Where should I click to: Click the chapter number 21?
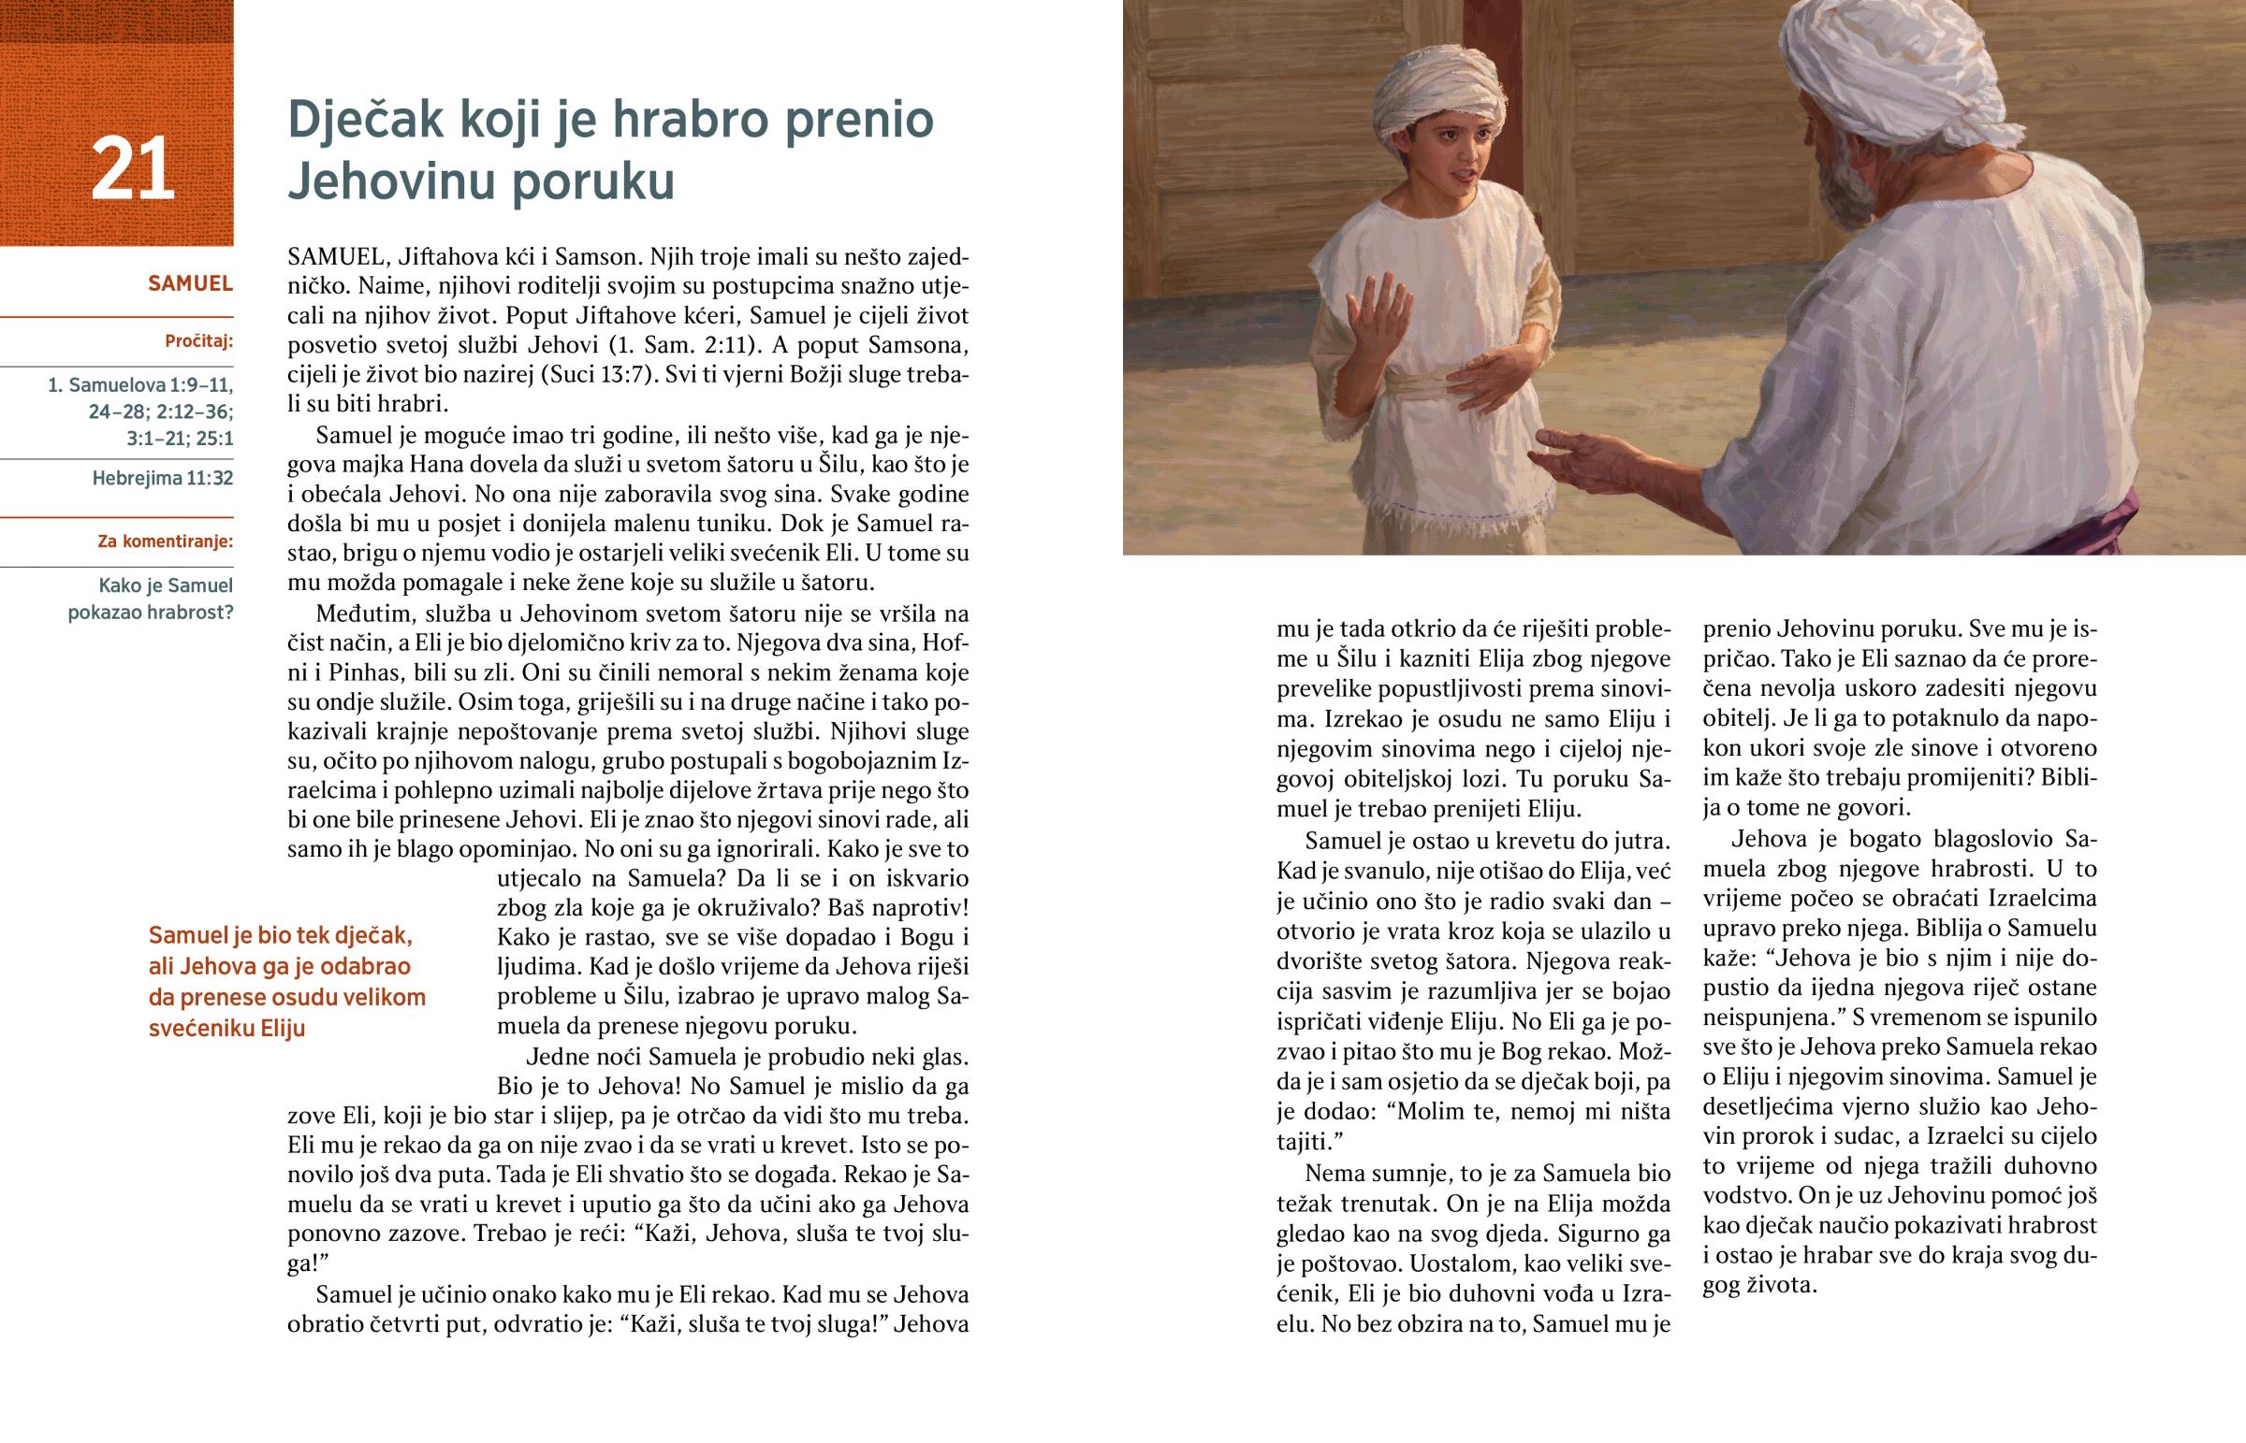[132, 169]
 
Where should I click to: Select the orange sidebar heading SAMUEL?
[190, 283]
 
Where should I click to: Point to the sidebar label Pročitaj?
[198, 341]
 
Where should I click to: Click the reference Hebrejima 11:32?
[162, 478]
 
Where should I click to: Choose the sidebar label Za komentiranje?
[165, 541]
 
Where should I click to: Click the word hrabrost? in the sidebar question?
[192, 613]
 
